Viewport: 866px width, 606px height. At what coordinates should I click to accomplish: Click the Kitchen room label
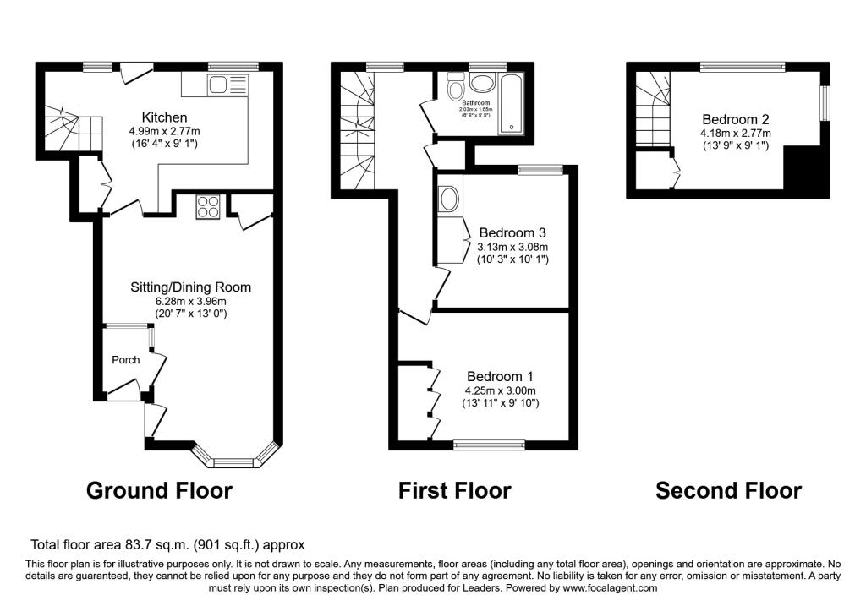pyautogui.click(x=164, y=117)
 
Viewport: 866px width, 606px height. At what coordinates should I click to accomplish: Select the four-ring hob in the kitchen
pyautogui.click(x=207, y=207)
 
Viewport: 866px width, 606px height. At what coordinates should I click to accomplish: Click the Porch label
pyautogui.click(x=126, y=359)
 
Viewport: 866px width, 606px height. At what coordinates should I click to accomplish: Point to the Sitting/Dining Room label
pyautogui.click(x=190, y=287)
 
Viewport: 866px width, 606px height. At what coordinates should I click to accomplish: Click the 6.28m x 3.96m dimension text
pyautogui.click(x=190, y=301)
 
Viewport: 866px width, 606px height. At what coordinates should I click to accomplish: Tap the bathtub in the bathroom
pyautogui.click(x=512, y=102)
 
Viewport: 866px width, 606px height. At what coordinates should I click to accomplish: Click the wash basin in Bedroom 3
pyautogui.click(x=448, y=200)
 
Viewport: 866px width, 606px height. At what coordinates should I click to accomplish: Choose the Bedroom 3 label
pyautogui.click(x=512, y=232)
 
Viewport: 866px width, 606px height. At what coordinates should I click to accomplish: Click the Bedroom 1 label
pyautogui.click(x=500, y=376)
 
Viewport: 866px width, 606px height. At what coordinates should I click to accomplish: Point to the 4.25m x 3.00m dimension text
pyautogui.click(x=500, y=390)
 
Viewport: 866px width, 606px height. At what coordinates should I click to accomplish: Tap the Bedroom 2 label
pyautogui.click(x=734, y=119)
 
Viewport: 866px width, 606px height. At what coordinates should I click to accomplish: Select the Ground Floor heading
pyautogui.click(x=159, y=490)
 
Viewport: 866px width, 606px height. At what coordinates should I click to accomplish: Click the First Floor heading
pyautogui.click(x=455, y=490)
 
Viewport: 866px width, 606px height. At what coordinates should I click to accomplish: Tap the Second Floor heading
pyautogui.click(x=728, y=490)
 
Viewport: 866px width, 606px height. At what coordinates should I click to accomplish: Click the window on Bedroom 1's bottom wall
pyautogui.click(x=489, y=444)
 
